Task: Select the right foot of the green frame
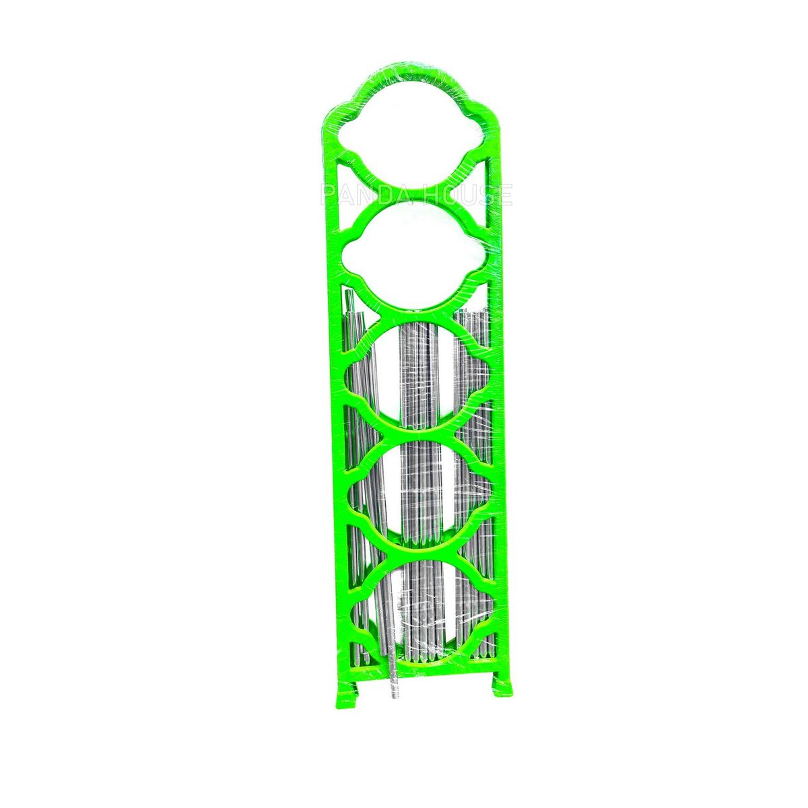(x=502, y=684)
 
